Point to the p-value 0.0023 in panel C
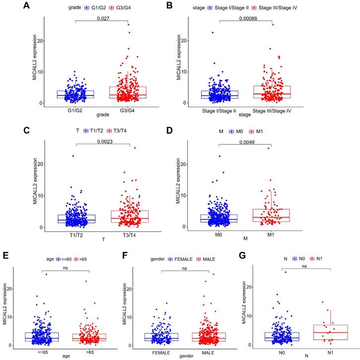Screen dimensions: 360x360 (x=103, y=140)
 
